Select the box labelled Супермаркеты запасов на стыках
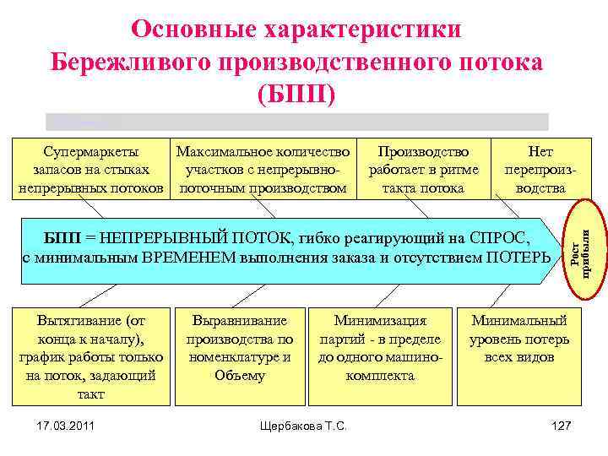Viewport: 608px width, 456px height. click(x=91, y=170)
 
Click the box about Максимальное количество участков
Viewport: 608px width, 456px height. click(x=263, y=170)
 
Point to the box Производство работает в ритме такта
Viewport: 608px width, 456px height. click(x=423, y=170)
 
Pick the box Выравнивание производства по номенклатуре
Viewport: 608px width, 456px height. click(x=240, y=348)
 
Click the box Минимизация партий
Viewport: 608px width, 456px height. click(x=380, y=348)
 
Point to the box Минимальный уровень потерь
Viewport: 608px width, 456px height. click(x=520, y=339)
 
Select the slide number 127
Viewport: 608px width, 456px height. click(x=561, y=422)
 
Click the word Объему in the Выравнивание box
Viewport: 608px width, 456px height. click(x=240, y=376)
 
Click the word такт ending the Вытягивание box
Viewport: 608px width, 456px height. click(x=91, y=394)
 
